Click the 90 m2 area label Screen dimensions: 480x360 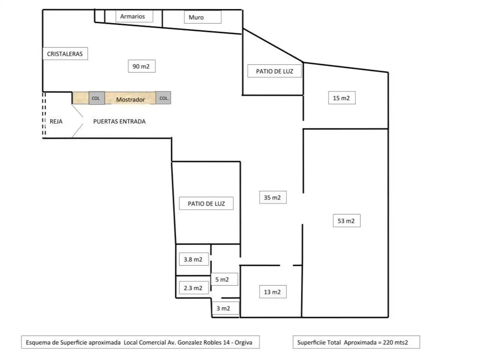click(x=142, y=66)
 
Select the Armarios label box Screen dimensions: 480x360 click(x=134, y=16)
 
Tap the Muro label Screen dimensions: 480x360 click(x=203, y=17)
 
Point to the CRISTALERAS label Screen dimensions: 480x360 click(x=65, y=54)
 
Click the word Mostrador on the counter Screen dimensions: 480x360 click(x=130, y=99)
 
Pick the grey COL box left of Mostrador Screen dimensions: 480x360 click(x=97, y=98)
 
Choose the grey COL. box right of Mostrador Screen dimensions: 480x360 click(x=163, y=98)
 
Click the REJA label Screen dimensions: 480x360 click(x=56, y=121)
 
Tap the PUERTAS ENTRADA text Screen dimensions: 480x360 click(x=119, y=121)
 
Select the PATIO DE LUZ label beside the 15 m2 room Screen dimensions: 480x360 click(x=275, y=71)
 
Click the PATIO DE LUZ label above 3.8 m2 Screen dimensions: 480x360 click(x=206, y=203)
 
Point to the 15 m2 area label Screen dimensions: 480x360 click(x=342, y=98)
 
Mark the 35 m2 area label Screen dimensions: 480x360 click(x=273, y=197)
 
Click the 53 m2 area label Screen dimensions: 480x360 click(x=347, y=221)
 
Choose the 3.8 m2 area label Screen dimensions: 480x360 click(x=194, y=259)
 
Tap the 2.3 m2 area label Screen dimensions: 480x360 click(x=194, y=288)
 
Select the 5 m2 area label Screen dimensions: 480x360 click(x=224, y=279)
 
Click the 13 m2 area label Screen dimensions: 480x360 click(x=273, y=292)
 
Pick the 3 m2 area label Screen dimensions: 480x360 click(x=225, y=308)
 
